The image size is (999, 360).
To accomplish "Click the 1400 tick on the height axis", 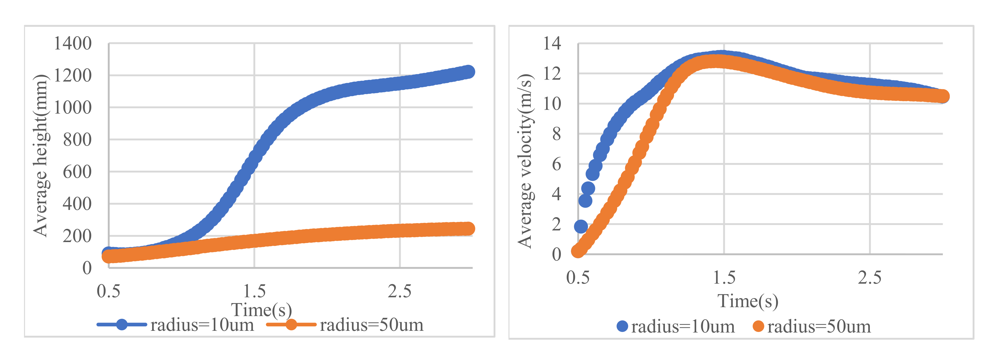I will point(73,43).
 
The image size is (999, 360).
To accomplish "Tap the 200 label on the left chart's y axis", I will point(77,236).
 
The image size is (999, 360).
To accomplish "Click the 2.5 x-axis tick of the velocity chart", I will point(870,277).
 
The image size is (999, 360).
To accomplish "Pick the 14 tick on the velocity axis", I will point(552,43).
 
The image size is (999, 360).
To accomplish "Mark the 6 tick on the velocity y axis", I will point(556,164).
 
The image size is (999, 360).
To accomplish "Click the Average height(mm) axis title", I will point(40,155).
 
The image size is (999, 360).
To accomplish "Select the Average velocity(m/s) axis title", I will point(525,161).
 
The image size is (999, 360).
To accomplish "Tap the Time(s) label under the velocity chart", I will point(748,301).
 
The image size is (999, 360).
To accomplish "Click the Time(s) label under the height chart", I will point(261,310).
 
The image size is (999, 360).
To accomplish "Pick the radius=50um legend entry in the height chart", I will point(345,325).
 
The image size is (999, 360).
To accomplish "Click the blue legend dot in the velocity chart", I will point(622,326).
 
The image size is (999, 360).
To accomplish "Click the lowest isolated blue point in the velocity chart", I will point(581,226).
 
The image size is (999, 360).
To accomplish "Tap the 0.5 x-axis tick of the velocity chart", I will point(578,277).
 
